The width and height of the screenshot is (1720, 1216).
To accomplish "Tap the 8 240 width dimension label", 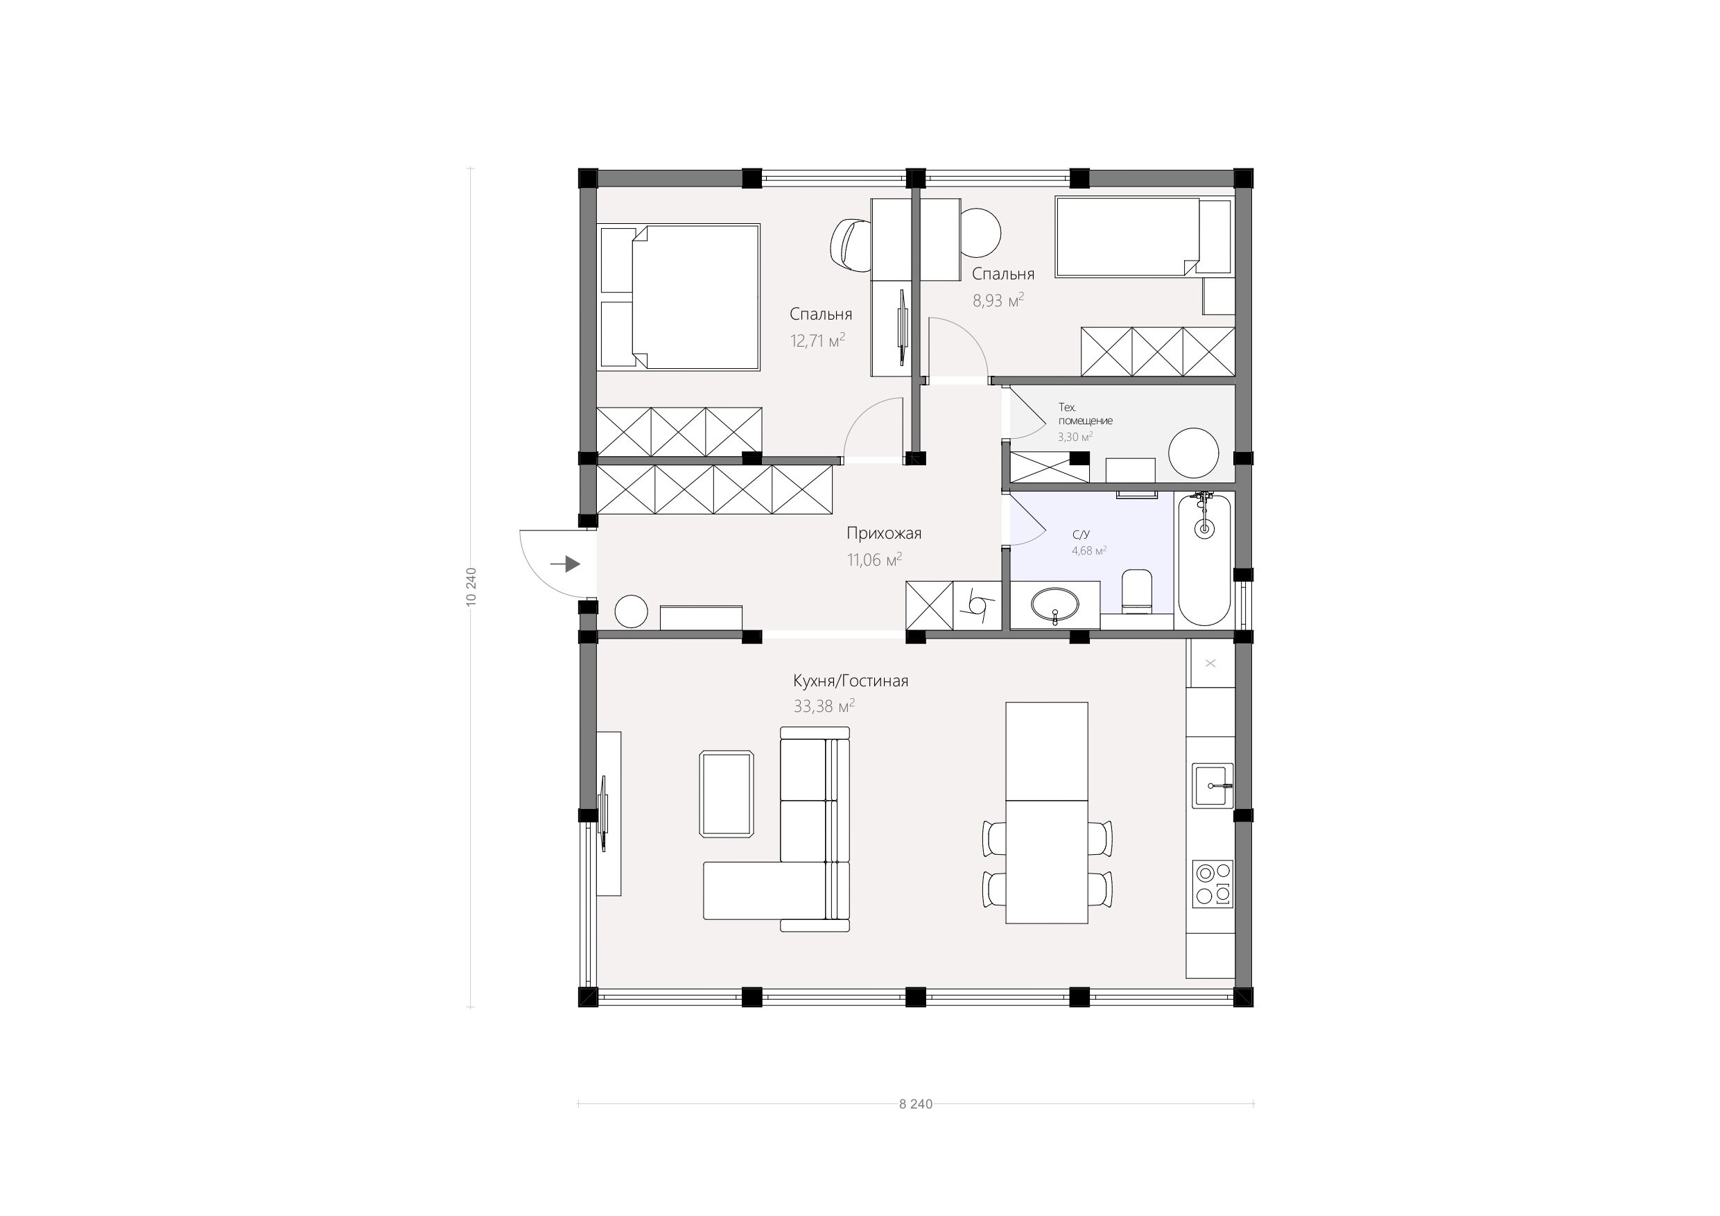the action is tap(915, 1104).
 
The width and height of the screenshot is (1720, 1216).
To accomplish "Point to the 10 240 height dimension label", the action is tap(471, 587).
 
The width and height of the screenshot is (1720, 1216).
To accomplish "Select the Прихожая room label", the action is tap(884, 533).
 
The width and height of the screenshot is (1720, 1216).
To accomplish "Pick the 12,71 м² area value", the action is tap(818, 341).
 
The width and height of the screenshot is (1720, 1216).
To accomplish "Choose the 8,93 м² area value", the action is tap(998, 300).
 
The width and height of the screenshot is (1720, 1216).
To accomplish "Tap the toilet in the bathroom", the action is tap(1137, 591).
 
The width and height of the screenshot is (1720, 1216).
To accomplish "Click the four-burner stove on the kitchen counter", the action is tap(1213, 884).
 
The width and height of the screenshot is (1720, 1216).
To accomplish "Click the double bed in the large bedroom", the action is tap(679, 297).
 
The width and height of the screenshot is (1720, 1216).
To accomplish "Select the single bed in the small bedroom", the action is tap(1143, 238).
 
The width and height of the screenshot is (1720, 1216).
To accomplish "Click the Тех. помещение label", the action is tap(1085, 414).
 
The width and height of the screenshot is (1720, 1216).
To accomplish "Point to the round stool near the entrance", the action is tap(631, 611).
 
